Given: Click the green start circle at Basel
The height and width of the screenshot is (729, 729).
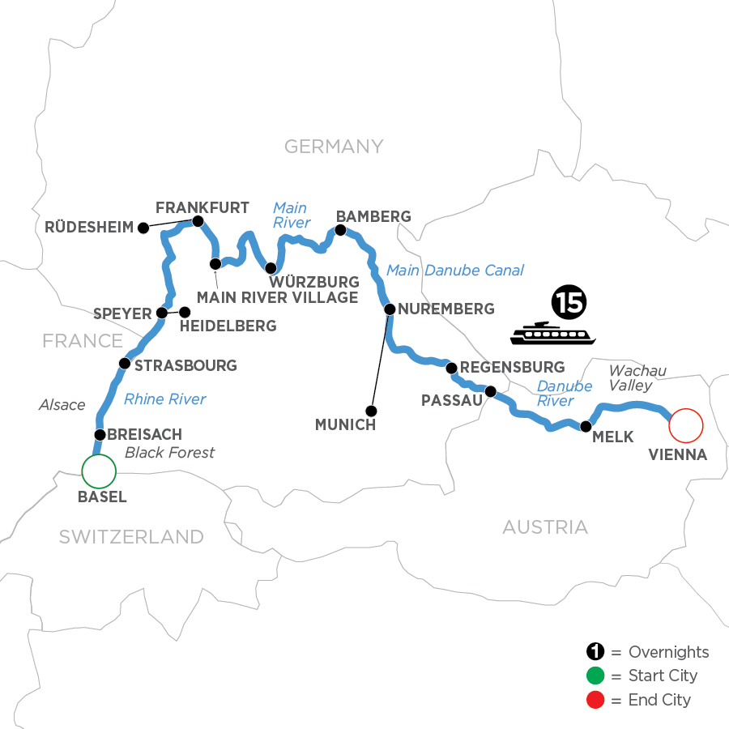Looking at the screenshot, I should [99, 470].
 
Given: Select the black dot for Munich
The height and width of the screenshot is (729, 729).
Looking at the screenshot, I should [371, 410].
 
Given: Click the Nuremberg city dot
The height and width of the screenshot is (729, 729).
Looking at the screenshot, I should [390, 309].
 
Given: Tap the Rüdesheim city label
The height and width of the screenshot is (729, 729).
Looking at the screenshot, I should [90, 228].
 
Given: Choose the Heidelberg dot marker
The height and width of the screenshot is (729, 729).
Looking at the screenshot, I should [185, 312].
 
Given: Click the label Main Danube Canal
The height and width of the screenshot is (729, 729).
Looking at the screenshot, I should [454, 271].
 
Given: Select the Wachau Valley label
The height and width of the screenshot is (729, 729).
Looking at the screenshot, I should [638, 378].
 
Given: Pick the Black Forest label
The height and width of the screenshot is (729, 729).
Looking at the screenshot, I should [170, 452].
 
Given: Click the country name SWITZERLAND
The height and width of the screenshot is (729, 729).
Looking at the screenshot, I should [130, 536].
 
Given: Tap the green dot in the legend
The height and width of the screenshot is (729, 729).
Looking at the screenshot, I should [595, 676].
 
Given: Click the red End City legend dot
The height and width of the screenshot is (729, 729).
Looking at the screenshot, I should [595, 699].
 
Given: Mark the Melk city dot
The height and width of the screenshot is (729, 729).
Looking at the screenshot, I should [584, 425].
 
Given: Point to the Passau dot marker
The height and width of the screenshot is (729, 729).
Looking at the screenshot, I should [490, 392].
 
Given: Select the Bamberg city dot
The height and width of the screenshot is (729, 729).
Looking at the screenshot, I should [340, 231].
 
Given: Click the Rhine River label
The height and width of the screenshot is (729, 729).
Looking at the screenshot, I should [165, 399].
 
